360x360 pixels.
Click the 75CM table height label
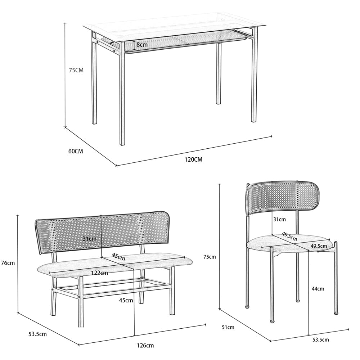click(76, 70)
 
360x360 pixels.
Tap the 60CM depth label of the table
click(76, 151)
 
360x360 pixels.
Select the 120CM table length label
click(194, 159)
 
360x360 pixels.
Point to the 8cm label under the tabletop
click(142, 45)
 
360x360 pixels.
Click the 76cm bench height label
click(8, 263)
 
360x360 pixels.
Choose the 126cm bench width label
click(145, 346)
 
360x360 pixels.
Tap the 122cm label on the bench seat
click(99, 273)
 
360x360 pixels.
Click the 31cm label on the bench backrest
click(90, 239)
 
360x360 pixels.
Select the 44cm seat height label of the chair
click(318, 289)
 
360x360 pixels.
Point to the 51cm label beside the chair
click(228, 327)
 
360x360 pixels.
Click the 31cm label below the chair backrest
click(279, 220)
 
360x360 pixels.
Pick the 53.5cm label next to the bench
click(37, 334)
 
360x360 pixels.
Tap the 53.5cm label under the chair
click(320, 340)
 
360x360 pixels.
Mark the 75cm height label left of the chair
click(210, 257)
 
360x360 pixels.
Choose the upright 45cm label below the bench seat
click(126, 300)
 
